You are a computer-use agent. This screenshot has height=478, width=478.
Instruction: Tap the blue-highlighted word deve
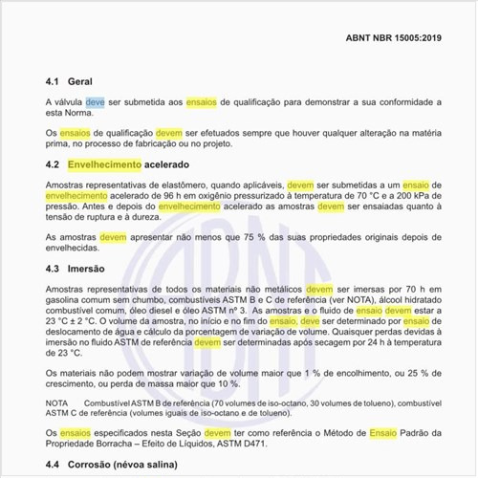(96, 101)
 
